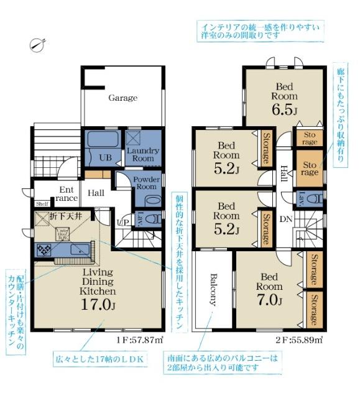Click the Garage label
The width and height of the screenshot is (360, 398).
coord(122,98)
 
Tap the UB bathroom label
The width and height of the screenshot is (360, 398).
coord(106,158)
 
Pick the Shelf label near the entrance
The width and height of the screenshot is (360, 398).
coord(42,203)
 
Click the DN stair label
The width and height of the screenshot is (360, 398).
coord(285,219)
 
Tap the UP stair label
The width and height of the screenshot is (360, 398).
coord(124,222)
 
